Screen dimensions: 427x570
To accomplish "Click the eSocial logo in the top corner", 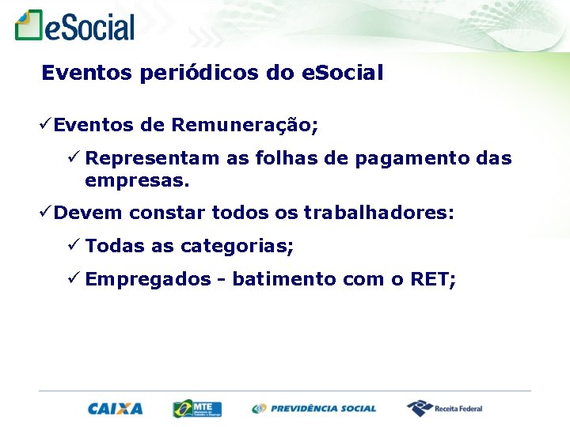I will pos(75,26).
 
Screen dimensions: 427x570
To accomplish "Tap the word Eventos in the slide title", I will pos(87,74).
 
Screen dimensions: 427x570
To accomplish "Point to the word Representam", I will pos(153,158).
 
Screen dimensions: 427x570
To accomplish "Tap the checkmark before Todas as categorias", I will pos(73,245).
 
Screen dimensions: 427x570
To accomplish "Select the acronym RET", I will pos(432,279).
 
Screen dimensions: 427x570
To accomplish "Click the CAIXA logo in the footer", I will pos(115,409).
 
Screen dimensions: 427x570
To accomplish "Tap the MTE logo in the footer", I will pos(197,408).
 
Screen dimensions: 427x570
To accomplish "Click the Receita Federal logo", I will pos(444,408).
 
